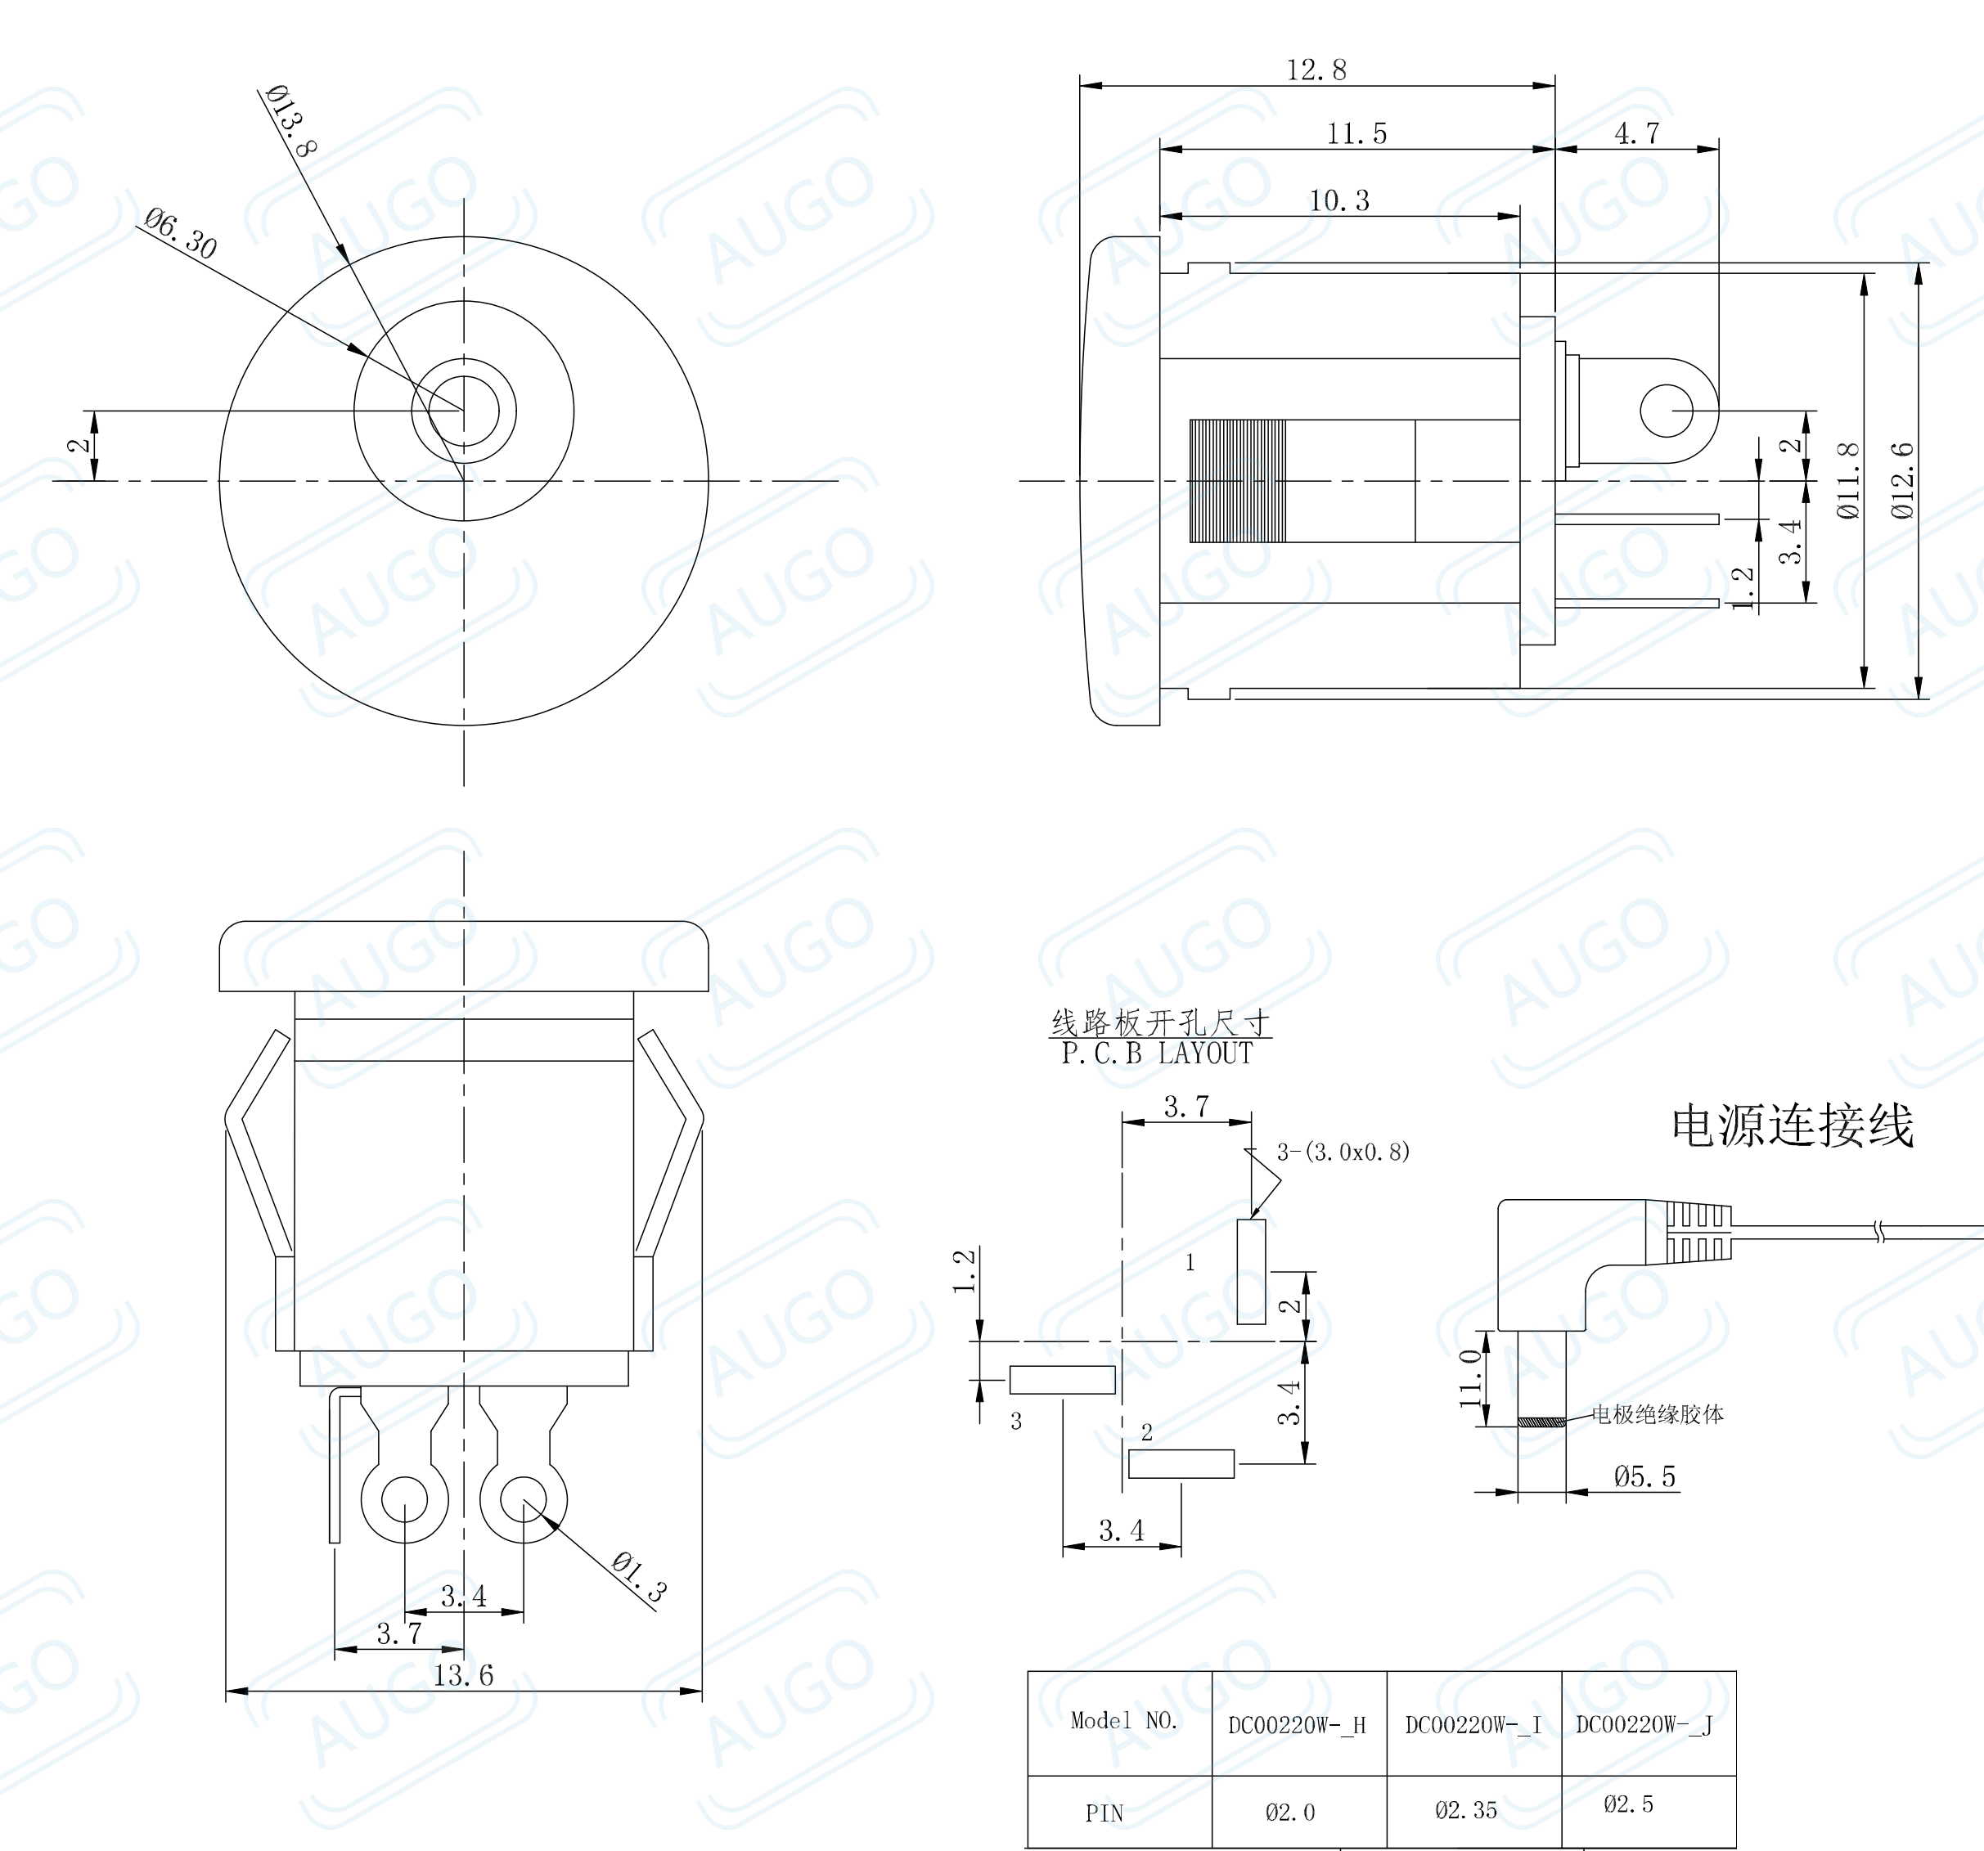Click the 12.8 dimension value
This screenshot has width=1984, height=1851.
(x=1316, y=70)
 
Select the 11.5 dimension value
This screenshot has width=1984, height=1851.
(x=1356, y=133)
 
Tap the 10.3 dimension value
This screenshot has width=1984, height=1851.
(x=1338, y=200)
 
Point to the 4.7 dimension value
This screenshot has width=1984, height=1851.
(x=1637, y=133)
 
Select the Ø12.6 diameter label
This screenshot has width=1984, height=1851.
(x=1902, y=480)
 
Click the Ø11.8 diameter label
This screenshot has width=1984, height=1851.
(x=1848, y=480)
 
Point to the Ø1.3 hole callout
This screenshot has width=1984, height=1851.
(x=639, y=1578)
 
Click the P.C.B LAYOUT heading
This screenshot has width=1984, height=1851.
(x=1157, y=1054)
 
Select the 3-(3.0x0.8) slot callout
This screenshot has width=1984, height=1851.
(x=1343, y=1152)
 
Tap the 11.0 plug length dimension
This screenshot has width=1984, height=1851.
(x=1470, y=1378)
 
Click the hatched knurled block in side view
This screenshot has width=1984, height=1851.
(x=1238, y=481)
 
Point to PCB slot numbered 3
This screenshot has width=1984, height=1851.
(x=1062, y=1380)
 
